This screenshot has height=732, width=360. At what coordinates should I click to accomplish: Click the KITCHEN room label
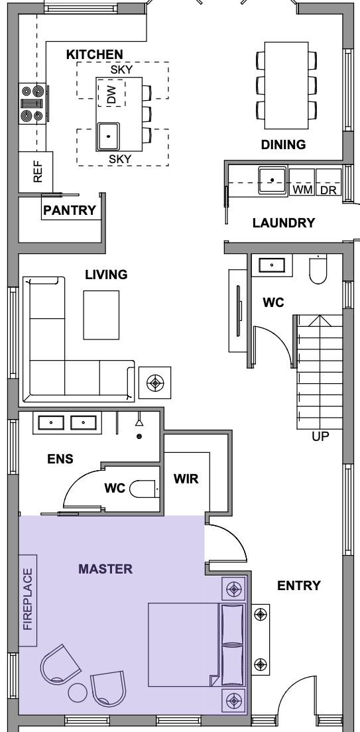coord(94,54)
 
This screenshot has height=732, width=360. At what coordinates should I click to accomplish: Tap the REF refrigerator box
coord(36,171)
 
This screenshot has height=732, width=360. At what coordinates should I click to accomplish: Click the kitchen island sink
coord(108,137)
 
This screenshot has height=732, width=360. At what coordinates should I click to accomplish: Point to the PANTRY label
coord(70,211)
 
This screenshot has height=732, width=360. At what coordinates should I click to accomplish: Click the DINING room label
coord(283,145)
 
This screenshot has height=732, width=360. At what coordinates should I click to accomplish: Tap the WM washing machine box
coord(302,182)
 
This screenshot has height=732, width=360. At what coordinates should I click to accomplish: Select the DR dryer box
coord(328,182)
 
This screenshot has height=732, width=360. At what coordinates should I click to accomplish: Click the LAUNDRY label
coord(284,223)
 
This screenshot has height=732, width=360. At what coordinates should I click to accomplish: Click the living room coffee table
coord(101,315)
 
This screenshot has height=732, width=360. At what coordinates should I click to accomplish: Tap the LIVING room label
coord(107,275)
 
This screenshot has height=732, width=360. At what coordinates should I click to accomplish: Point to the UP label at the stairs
coord(320,436)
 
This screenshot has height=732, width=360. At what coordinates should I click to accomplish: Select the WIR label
coord(186,479)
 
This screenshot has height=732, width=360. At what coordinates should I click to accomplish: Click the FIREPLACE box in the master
coord(28,600)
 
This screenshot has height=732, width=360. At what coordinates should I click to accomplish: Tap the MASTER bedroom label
coord(105,569)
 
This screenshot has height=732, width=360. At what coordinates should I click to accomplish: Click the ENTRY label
coord(299,585)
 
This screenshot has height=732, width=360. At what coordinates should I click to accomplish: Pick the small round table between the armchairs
coord(78,693)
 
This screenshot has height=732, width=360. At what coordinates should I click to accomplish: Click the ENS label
coord(60,459)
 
